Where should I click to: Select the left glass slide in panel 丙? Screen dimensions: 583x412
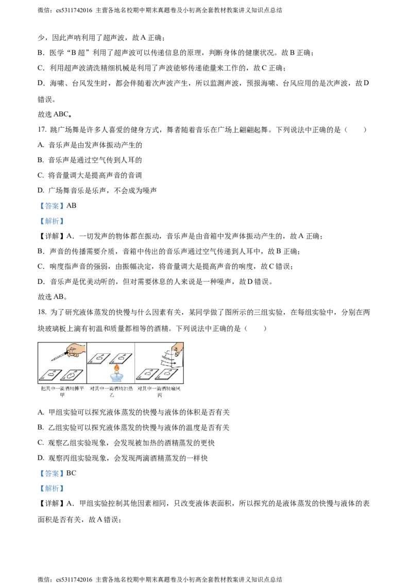click(146, 374)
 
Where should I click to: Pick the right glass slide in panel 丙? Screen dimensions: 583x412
click(166, 374)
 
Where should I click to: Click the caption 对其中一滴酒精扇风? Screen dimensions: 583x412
click(159, 389)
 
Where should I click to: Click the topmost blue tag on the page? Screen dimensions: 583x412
click(51, 206)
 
